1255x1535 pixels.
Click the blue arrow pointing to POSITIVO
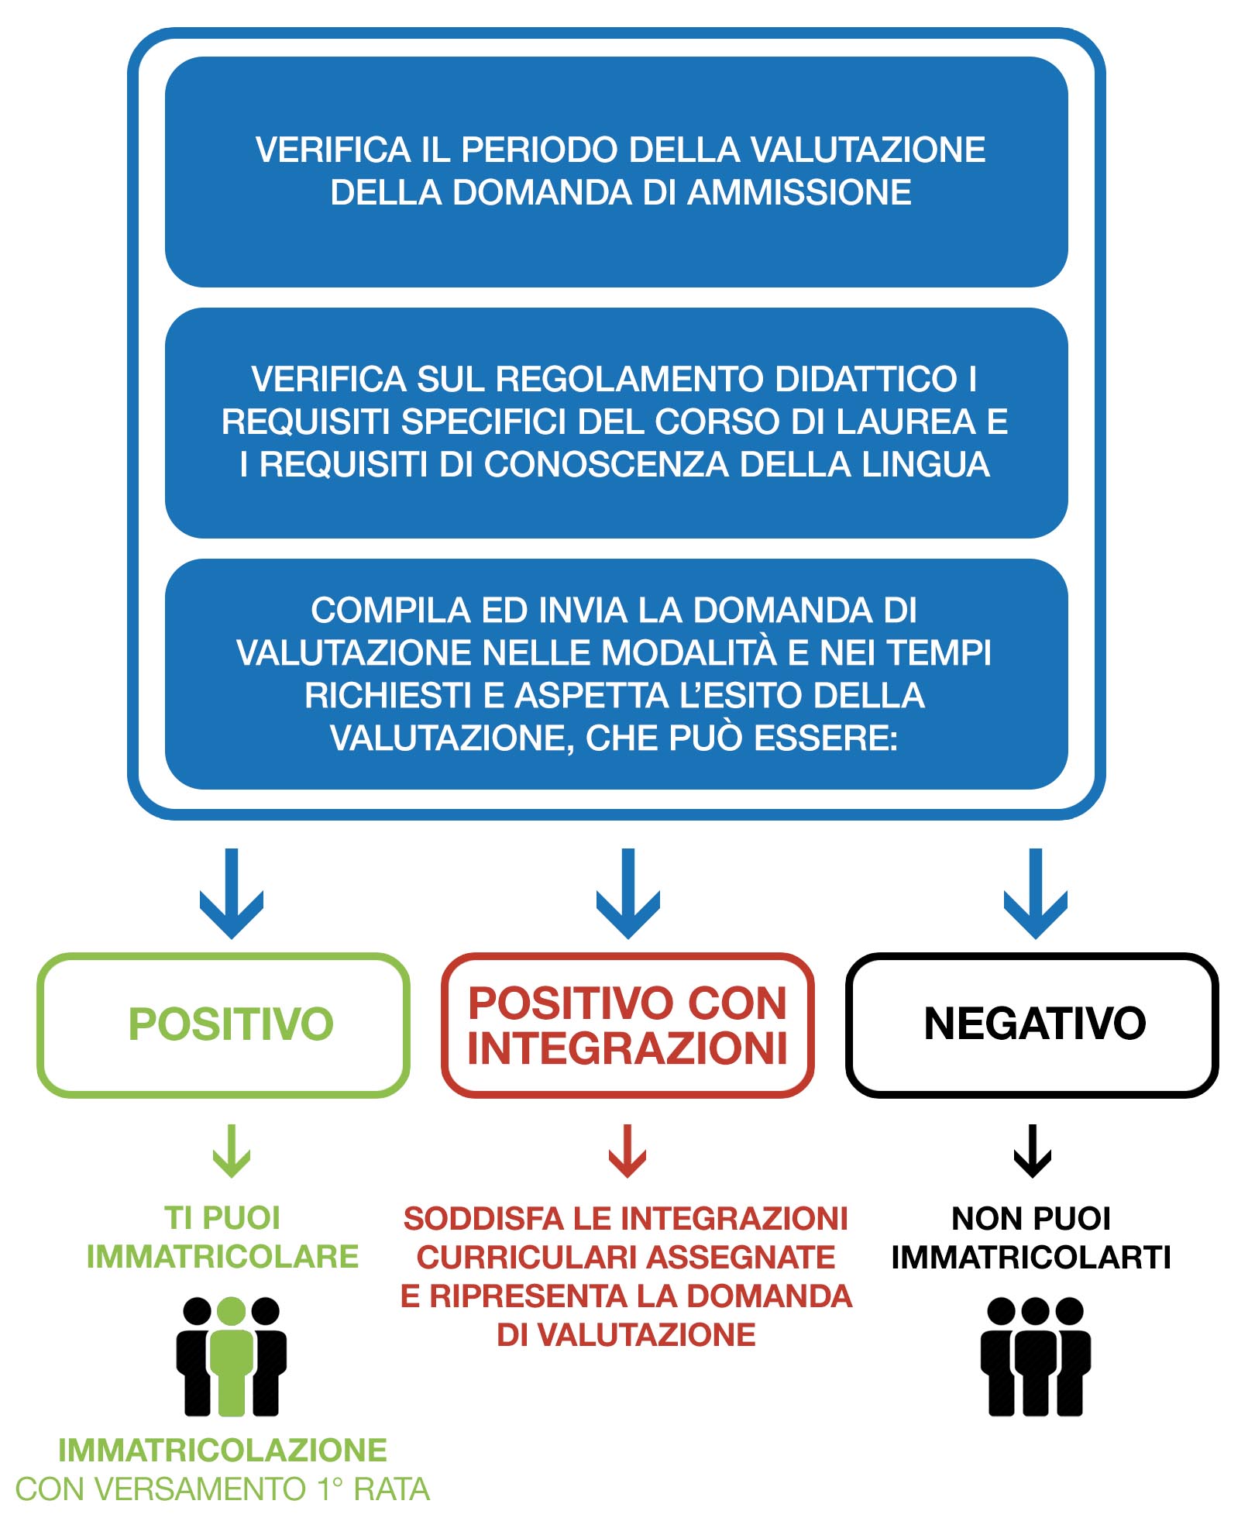pos(232,893)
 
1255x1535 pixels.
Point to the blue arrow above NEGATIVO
pos(1036,893)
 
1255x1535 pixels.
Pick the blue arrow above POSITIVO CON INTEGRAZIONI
pos(628,893)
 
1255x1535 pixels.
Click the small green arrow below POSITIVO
pos(232,1151)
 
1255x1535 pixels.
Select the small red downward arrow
pos(627,1151)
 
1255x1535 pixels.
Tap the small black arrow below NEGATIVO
pos(1033,1151)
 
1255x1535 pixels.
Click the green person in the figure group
pos(231,1355)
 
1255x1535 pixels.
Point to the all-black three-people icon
pos(1036,1356)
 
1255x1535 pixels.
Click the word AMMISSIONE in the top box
pos(799,193)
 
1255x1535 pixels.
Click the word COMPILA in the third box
pos(391,610)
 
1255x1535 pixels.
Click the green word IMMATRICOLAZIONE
pos(223,1450)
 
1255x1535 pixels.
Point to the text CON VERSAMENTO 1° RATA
pos(222,1489)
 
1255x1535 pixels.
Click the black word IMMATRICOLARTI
pos(1031,1257)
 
